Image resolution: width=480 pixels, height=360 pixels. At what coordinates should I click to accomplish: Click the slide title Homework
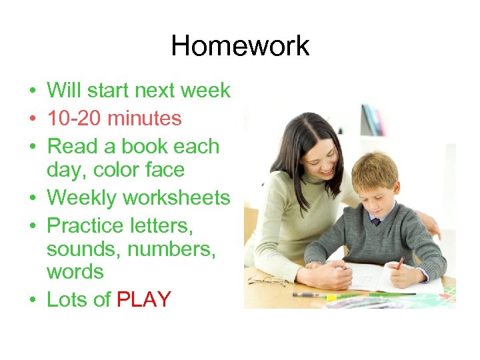(240, 46)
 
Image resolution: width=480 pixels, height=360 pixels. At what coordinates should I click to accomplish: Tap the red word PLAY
(144, 300)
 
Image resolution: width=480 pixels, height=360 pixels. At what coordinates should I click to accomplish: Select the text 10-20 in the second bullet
(74, 119)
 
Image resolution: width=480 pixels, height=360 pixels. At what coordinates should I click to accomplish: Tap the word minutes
(145, 119)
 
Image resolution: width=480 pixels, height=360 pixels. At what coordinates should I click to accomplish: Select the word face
(165, 170)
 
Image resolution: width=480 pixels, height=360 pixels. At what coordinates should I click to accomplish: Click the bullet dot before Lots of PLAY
(32, 301)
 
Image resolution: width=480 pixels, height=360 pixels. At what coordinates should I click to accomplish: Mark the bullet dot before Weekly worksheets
(32, 199)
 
